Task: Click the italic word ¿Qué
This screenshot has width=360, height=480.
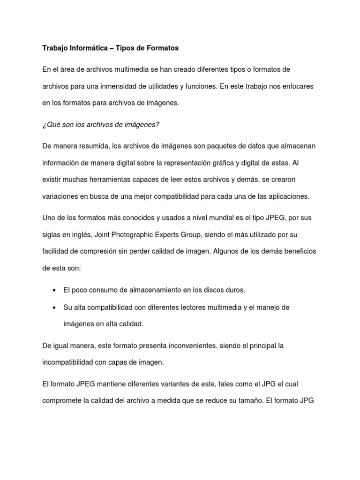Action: tap(51, 124)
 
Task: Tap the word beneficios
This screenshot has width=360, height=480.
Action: tap(295, 251)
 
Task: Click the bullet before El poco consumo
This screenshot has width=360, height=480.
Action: tap(54, 290)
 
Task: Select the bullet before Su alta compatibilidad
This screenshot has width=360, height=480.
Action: tap(54, 307)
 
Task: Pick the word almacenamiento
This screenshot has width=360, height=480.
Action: tap(138, 290)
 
